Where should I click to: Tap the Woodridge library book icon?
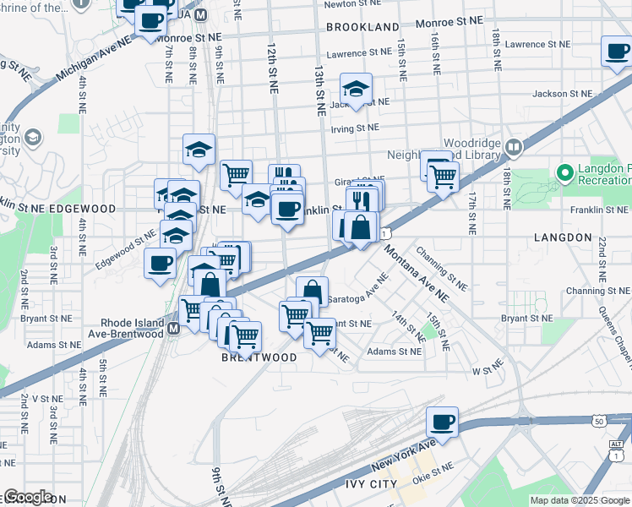coord(513,148)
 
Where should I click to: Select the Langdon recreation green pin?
coord(565,174)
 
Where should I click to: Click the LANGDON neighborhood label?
coord(563,238)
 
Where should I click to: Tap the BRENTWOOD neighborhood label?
coord(259,357)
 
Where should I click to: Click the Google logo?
coord(28,498)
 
